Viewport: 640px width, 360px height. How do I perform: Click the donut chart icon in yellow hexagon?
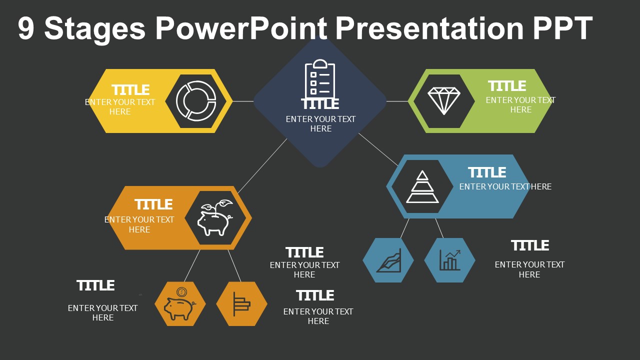[195, 100]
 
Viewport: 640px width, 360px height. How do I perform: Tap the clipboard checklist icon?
[320, 79]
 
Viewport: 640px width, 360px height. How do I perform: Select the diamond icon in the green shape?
[443, 100]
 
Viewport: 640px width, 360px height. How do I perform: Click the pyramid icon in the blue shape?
[422, 187]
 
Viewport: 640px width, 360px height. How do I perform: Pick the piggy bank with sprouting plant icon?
[215, 218]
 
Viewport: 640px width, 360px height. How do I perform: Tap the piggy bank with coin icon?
[180, 303]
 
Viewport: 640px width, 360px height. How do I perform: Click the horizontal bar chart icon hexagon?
[241, 304]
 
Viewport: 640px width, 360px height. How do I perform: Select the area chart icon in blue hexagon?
[388, 260]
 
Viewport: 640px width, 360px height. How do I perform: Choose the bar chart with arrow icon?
[449, 260]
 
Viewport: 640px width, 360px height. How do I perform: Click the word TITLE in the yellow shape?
[130, 90]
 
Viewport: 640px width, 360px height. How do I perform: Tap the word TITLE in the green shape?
[507, 86]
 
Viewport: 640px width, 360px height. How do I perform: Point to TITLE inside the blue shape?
[487, 172]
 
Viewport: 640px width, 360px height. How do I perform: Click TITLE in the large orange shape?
[153, 204]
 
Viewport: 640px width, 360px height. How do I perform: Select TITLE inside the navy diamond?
[320, 104]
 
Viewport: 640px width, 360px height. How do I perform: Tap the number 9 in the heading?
[26, 28]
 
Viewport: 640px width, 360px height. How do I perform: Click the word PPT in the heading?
[562, 28]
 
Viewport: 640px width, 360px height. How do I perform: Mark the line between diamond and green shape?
[397, 101]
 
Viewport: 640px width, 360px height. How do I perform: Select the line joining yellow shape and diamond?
[243, 101]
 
